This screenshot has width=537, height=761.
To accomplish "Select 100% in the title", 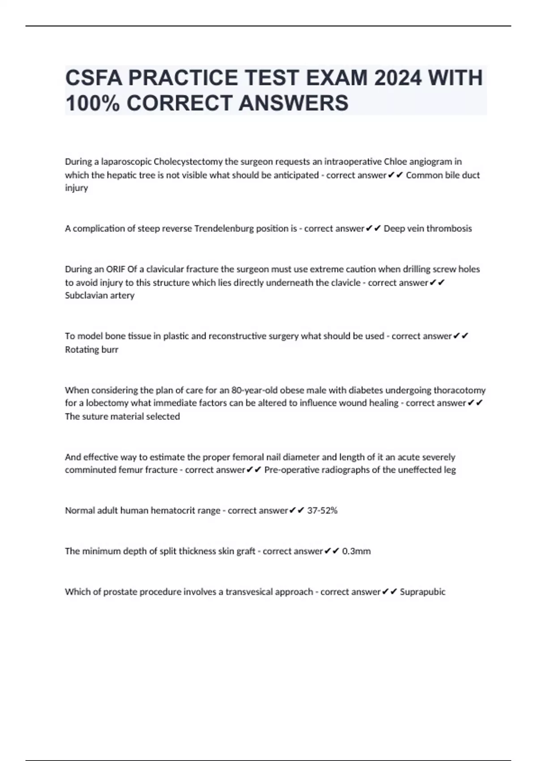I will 92,103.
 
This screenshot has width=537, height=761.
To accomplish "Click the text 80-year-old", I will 254,390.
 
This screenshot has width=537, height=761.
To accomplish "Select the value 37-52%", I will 322,510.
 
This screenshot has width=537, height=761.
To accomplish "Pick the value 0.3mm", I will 356,551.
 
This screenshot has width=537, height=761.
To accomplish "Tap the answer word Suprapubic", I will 422,592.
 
